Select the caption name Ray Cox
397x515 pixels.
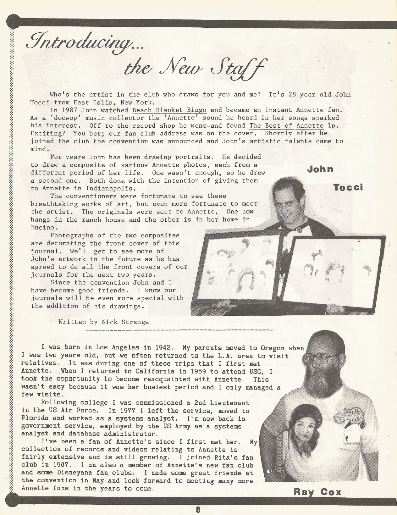(317, 492)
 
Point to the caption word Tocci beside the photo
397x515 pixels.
(348, 188)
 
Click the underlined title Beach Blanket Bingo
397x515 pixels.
(169, 110)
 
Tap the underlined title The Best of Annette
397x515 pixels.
(286, 126)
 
